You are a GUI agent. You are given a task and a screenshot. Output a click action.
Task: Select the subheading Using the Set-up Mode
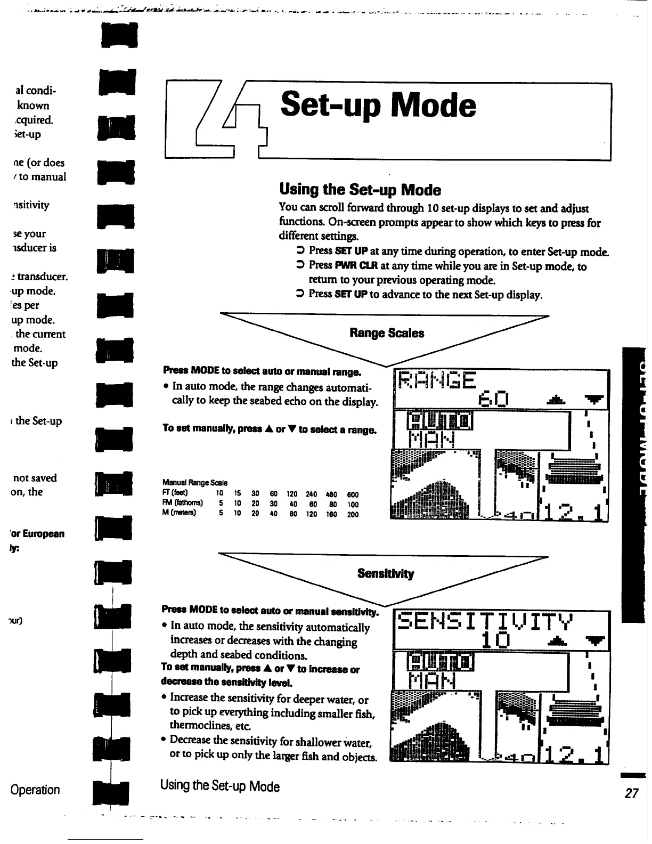coord(360,190)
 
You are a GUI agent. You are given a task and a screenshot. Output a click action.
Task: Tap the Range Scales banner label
coord(387,333)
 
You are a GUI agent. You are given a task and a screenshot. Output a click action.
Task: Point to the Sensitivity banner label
coord(385,573)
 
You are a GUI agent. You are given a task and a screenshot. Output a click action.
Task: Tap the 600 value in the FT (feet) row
coord(353,494)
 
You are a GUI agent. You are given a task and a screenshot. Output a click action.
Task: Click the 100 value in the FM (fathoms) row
coord(353,504)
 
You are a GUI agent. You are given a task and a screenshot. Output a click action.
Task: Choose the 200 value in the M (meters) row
coord(353,514)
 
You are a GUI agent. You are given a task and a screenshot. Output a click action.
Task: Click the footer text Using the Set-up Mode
coord(219,786)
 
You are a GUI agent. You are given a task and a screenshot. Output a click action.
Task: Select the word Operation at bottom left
coord(35,790)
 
